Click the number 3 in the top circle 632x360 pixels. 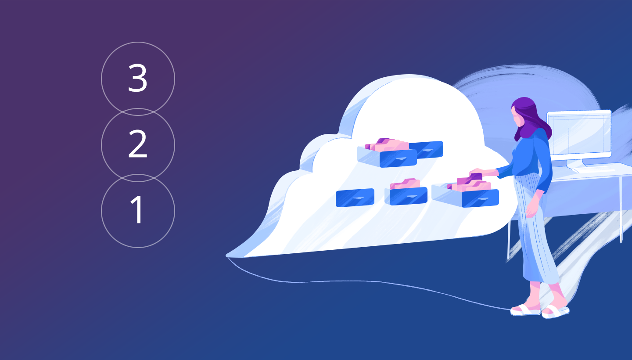(138, 78)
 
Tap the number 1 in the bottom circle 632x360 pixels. (136, 209)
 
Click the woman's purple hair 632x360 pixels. (531, 119)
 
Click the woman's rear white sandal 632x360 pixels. (525, 310)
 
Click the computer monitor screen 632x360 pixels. (579, 134)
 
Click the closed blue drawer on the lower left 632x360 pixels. (355, 198)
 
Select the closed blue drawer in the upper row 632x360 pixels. (427, 149)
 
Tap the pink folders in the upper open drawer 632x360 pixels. (387, 145)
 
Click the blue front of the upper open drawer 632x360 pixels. (398, 158)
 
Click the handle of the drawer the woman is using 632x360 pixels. (481, 199)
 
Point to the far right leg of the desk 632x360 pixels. (621, 209)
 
